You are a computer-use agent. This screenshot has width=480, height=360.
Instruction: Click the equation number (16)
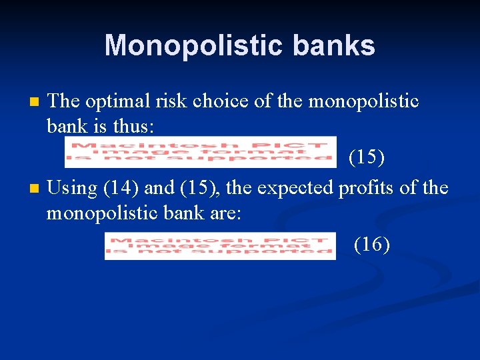(372, 245)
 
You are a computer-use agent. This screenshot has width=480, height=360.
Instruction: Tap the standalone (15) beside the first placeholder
(367, 158)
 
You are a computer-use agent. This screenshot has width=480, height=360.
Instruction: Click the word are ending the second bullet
(225, 213)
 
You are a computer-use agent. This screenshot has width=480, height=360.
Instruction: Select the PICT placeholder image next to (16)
(221, 245)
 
